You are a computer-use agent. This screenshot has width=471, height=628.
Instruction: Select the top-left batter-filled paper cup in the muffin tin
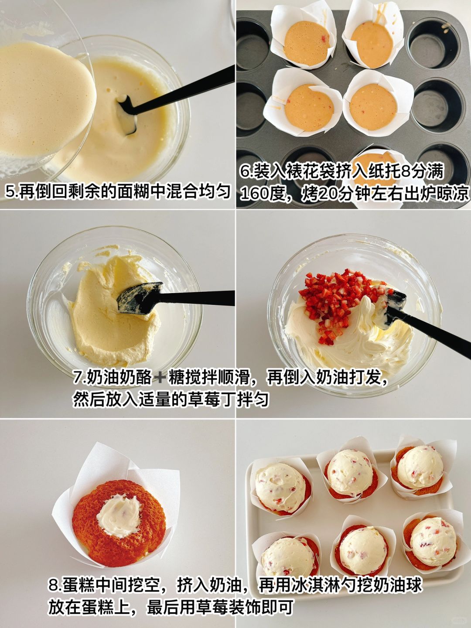304,36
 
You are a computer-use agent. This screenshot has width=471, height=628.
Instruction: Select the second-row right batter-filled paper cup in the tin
378,104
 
